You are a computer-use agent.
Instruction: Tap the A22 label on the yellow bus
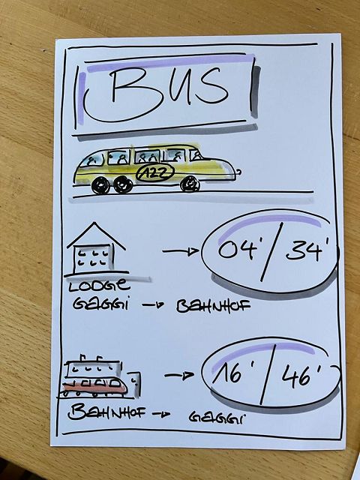tap(155, 173)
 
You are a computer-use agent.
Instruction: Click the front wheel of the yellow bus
tap(190, 184)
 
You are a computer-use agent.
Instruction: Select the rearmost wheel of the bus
tap(100, 185)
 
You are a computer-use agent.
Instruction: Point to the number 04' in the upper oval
tap(238, 250)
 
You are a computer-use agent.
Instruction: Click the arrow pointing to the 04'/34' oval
tap(180, 252)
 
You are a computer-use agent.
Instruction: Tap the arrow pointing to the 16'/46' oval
tap(179, 375)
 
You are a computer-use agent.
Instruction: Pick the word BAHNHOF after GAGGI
tap(213, 306)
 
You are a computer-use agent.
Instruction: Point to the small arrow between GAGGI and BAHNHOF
tap(153, 305)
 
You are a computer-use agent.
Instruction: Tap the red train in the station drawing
tap(94, 387)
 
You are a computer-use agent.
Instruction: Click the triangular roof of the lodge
tap(96, 235)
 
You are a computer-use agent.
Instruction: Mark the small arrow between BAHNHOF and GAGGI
tap(161, 415)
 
